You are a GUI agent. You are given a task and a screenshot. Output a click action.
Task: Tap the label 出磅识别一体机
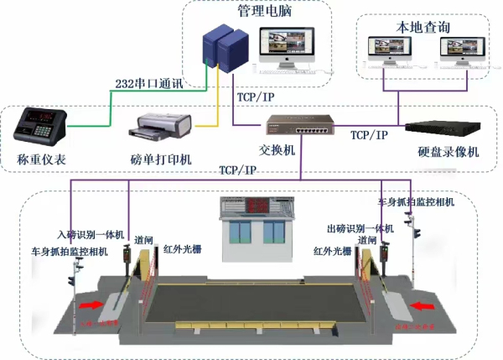point(360,228)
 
